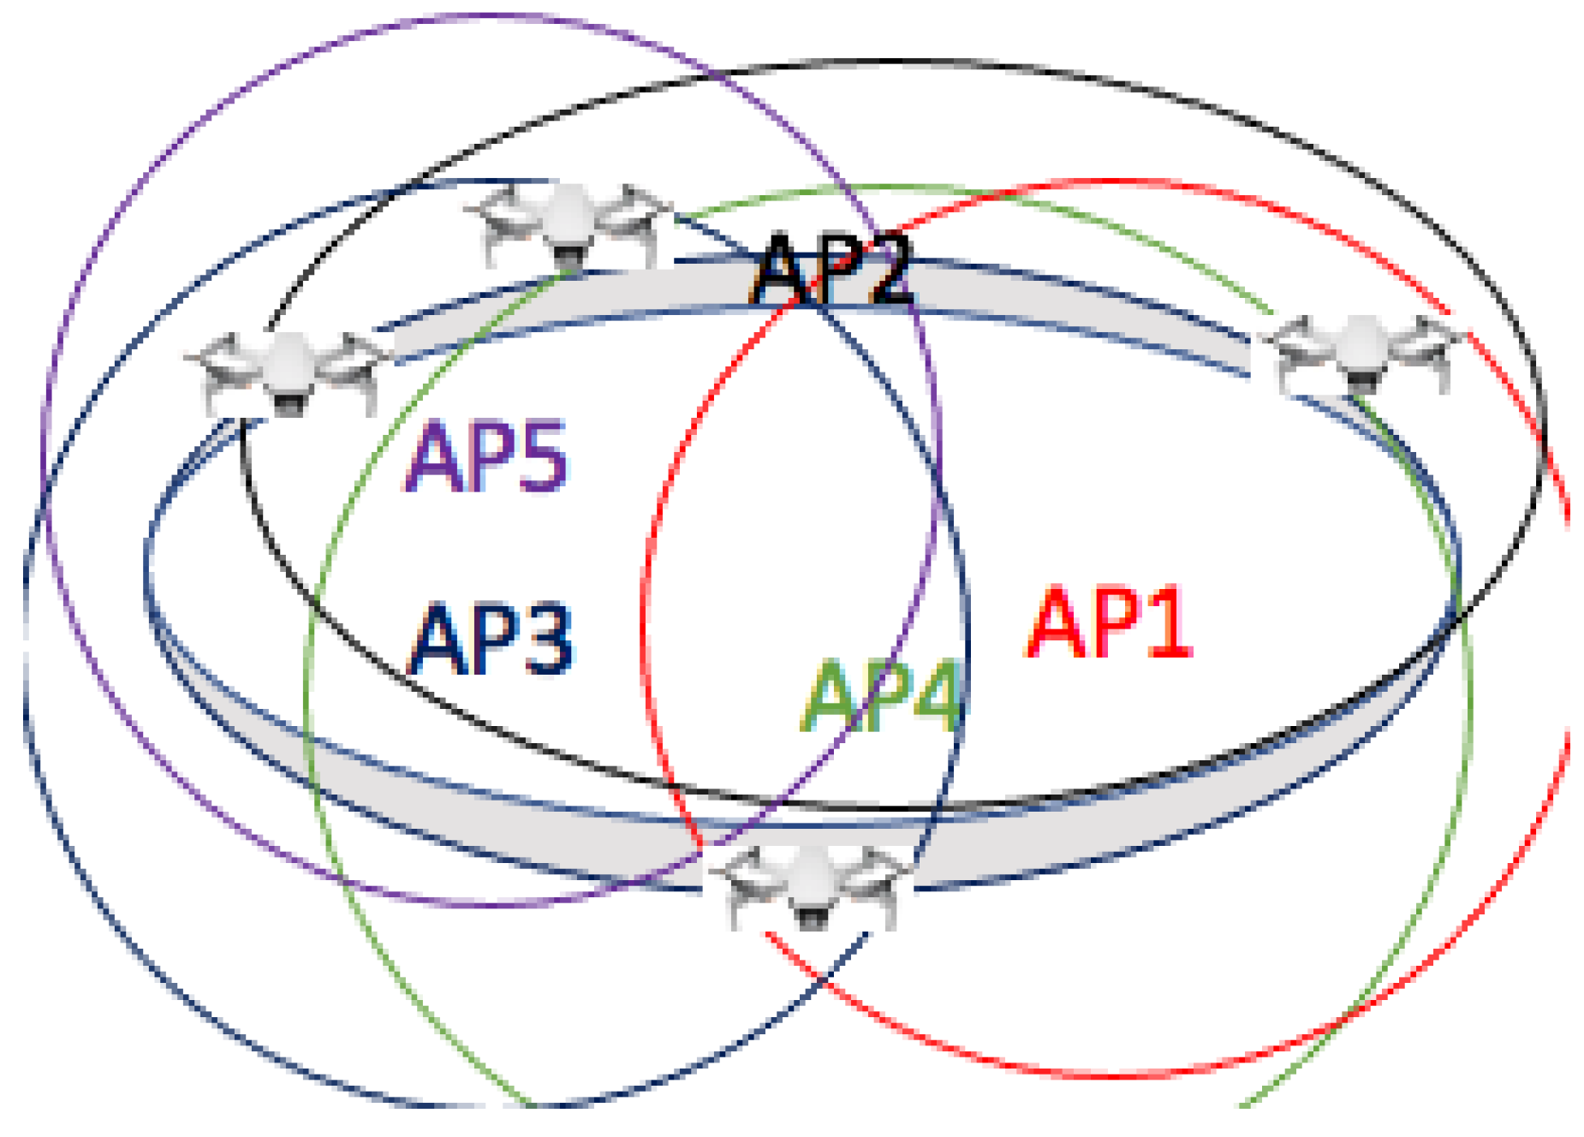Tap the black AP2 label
pos(832,270)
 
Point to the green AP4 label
pos(882,696)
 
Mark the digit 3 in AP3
pos(546,640)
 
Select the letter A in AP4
pos(828,697)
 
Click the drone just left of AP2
pos(569,223)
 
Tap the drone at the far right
pos(1361,354)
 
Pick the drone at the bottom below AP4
pos(810,886)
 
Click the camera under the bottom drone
pos(811,917)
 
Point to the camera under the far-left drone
pos(288,403)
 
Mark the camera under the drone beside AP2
pos(569,254)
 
